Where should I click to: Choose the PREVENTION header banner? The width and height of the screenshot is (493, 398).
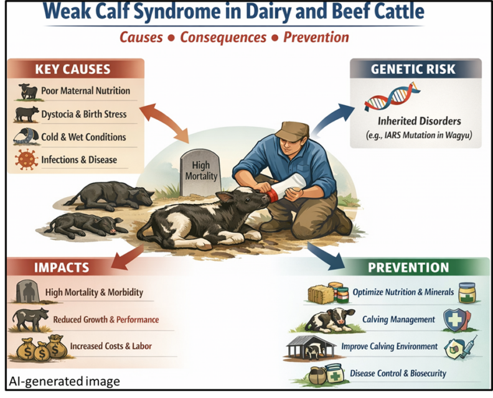(408, 268)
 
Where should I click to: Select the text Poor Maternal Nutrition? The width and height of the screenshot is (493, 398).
(86, 91)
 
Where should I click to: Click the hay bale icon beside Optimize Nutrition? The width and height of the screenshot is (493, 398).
(319, 293)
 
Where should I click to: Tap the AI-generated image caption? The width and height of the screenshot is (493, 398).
(64, 381)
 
